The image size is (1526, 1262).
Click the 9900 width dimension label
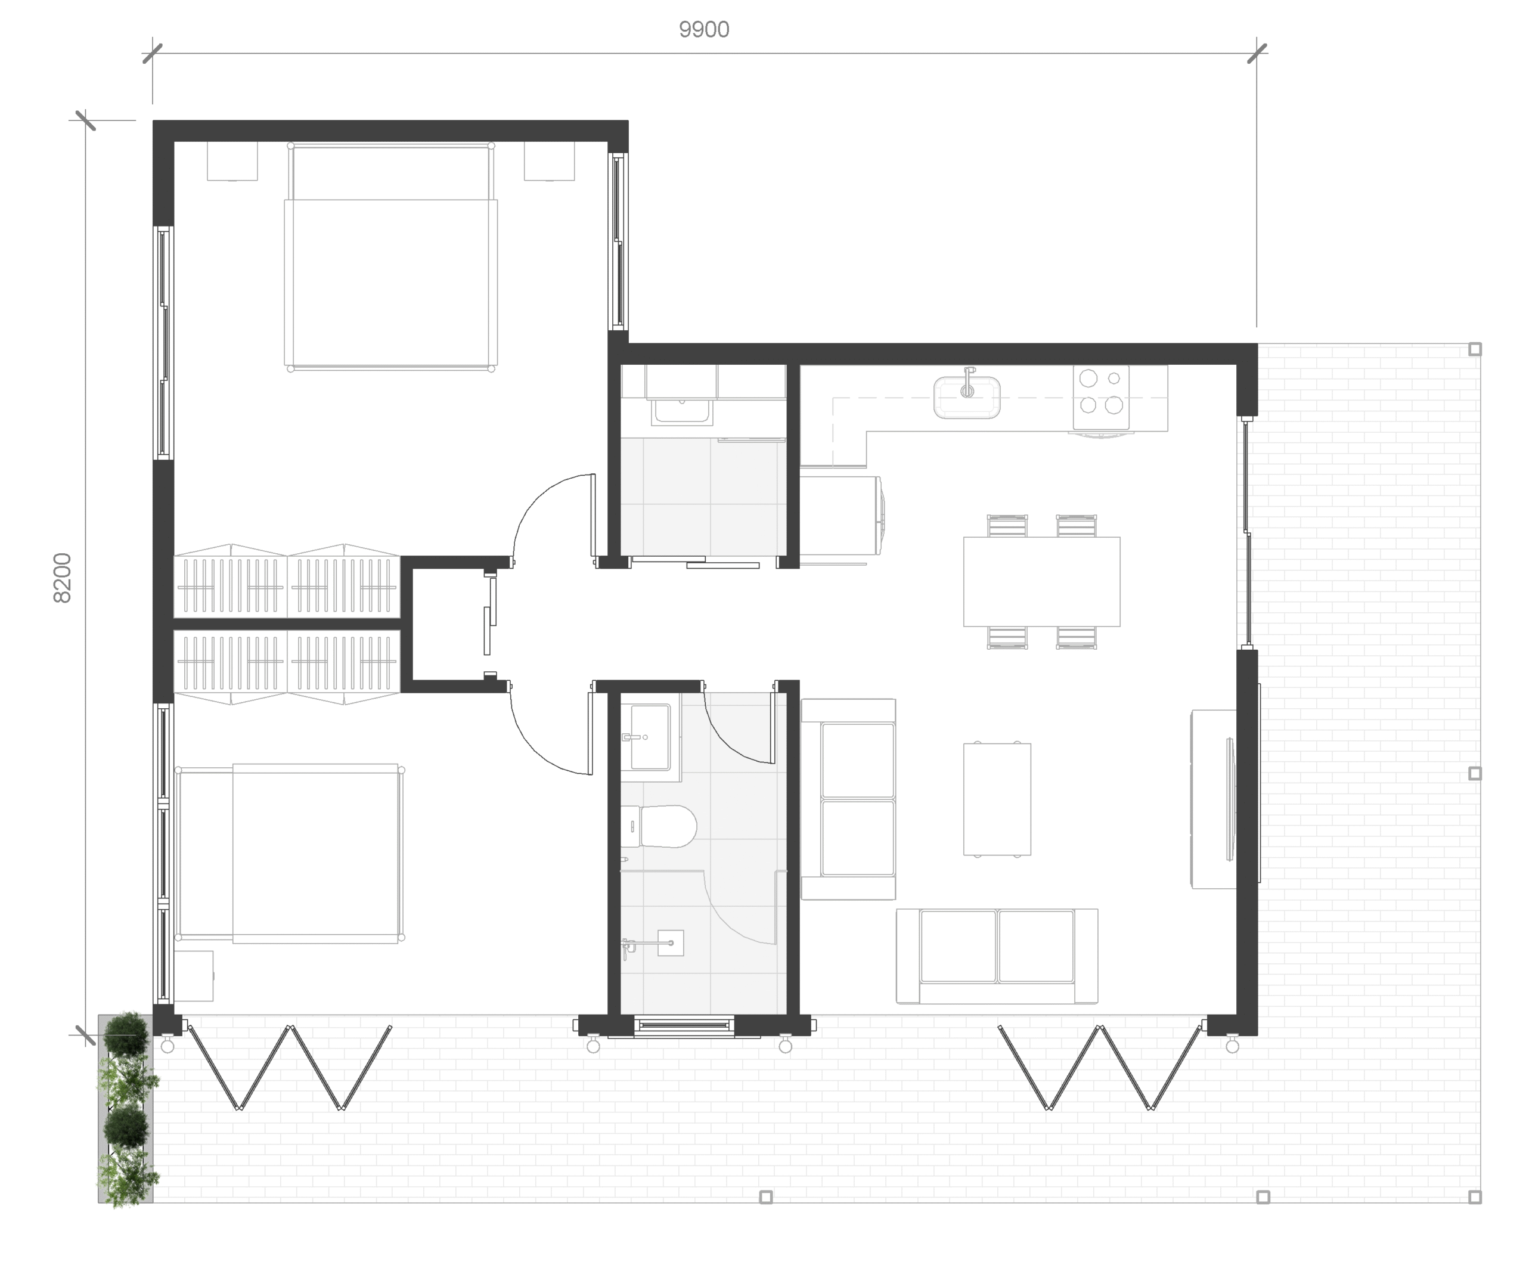point(703,30)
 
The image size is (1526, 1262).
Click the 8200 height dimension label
point(63,578)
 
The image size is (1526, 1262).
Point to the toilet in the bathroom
point(658,826)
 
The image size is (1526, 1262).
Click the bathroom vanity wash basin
point(650,737)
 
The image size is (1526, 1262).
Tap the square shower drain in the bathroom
point(671,943)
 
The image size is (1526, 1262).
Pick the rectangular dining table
point(1041,581)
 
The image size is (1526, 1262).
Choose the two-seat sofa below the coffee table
point(997,956)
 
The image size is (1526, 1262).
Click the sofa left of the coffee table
point(849,799)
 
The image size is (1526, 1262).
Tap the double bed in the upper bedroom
point(391,256)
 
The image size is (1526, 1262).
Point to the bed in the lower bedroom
point(289,854)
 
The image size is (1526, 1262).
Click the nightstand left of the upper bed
point(232,160)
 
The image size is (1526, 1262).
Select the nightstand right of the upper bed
point(550,160)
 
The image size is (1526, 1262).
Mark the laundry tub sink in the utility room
point(681,411)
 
